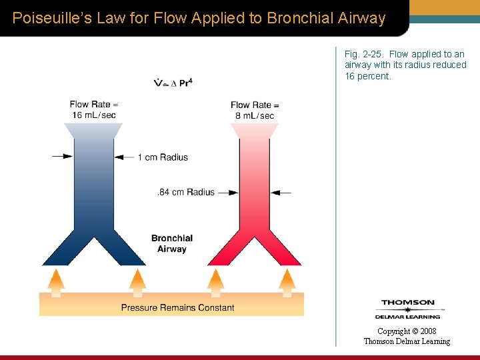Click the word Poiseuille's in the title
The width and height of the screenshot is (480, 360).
[x=48, y=18]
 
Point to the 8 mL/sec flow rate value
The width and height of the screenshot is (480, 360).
[x=254, y=115]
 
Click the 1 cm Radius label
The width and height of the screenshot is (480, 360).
[x=163, y=157]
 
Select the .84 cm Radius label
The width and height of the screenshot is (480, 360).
[x=186, y=192]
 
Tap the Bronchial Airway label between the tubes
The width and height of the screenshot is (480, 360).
[x=172, y=243]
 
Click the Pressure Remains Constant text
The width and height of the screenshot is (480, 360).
[x=177, y=307]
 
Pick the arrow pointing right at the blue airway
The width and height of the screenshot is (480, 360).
[x=63, y=157]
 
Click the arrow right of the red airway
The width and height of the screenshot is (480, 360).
[x=281, y=193]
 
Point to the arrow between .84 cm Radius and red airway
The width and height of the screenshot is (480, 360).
[x=228, y=193]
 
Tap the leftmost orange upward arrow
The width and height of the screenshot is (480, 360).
[x=57, y=282]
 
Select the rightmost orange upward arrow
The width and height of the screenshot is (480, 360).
[x=287, y=282]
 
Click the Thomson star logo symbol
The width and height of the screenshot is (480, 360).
[x=407, y=309]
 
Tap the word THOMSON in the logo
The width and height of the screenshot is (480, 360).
[x=407, y=302]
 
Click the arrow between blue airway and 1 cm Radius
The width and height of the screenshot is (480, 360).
[x=125, y=157]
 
